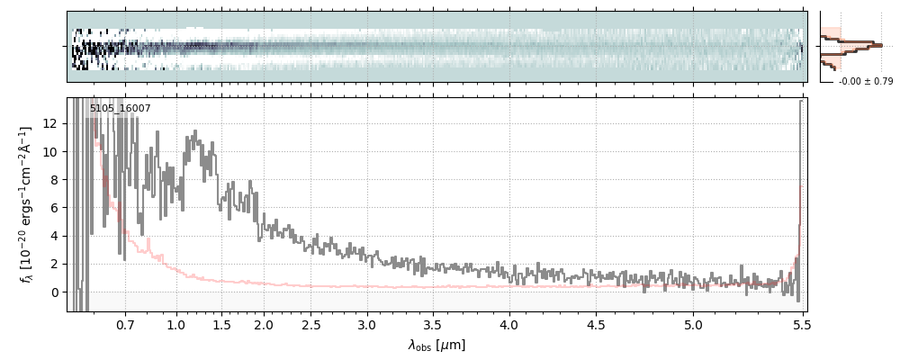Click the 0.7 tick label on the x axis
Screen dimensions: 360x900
125,324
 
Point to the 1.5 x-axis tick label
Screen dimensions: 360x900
221,324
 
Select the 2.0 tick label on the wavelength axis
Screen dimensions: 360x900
264,324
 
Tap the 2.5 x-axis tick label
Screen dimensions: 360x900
311,324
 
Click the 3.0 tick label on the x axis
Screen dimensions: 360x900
366,324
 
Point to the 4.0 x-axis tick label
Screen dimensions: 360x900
508,324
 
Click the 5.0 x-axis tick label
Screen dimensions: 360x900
693,324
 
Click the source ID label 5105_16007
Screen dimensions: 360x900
120,109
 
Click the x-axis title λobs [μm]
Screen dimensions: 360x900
436,345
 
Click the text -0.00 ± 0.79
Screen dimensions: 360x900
865,82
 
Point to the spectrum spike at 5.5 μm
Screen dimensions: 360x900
800,103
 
